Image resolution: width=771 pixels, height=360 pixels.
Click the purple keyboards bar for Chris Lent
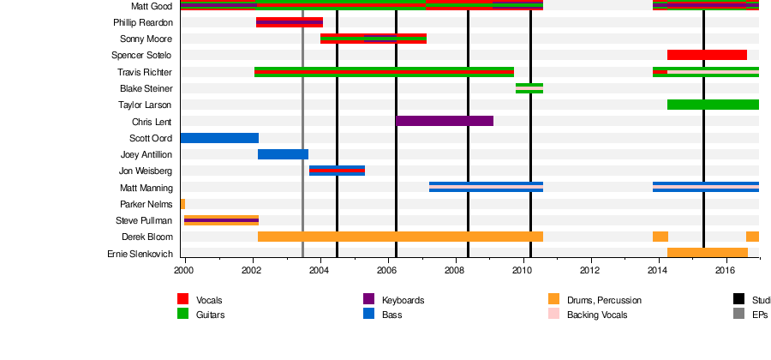tap(445, 121)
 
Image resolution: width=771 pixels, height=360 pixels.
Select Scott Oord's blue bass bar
tap(219, 138)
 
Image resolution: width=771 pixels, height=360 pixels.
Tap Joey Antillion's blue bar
tap(283, 154)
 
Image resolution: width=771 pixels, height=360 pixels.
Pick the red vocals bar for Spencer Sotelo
tap(707, 55)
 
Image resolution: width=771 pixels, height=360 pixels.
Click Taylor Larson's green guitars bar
tap(713, 105)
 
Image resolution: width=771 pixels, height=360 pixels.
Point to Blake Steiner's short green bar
tap(529, 88)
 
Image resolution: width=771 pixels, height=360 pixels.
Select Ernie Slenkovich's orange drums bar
tap(708, 253)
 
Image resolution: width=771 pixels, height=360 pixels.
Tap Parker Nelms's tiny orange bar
tap(182, 204)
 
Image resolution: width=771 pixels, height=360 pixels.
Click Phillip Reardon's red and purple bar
tap(290, 22)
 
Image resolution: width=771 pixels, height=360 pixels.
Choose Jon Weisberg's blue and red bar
tap(337, 171)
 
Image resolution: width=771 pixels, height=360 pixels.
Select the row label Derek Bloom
tap(147, 237)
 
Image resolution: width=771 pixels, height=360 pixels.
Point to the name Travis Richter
tap(145, 72)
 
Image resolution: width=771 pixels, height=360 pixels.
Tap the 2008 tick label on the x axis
tap(455, 271)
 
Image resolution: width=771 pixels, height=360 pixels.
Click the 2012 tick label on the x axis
tap(590, 271)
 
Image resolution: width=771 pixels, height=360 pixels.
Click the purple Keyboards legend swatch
tap(369, 299)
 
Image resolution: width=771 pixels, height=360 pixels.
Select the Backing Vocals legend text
tap(596, 315)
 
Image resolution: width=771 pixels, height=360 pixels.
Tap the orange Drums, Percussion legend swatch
tap(553, 299)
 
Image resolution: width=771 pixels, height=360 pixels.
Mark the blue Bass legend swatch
tap(369, 314)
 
